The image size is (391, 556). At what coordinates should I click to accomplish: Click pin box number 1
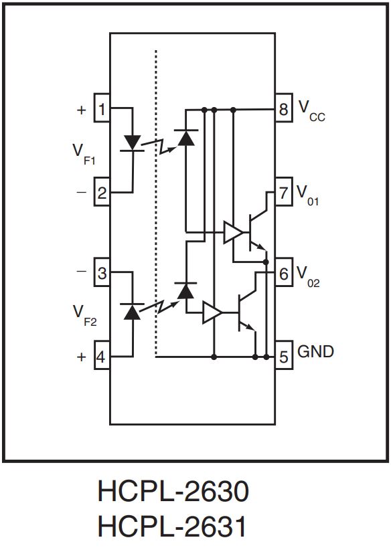tap(102, 108)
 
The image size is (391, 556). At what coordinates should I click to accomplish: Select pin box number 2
tap(102, 191)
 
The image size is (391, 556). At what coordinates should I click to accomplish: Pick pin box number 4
tap(102, 356)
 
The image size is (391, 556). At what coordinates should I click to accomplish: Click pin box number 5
tap(284, 356)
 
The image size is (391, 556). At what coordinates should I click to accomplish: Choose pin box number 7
tap(284, 191)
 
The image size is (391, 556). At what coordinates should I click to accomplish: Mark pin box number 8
tap(284, 108)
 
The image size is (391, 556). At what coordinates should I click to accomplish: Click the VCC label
tap(311, 111)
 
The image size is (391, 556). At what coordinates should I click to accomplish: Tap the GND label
tap(315, 351)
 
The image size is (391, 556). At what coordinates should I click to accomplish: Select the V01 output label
tap(307, 195)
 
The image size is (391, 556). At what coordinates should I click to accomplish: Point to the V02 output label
tap(308, 276)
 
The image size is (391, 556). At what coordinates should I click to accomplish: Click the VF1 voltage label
tap(84, 155)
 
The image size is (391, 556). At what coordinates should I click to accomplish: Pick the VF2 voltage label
tap(85, 315)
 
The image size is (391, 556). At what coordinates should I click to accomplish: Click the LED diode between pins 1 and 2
tap(133, 144)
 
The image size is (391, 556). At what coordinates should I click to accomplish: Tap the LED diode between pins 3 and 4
tap(132, 311)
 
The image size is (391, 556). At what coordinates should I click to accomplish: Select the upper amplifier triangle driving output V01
tap(234, 232)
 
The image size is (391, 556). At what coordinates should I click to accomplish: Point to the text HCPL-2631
tap(172, 526)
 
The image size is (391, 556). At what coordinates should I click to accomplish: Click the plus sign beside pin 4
tap(81, 357)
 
